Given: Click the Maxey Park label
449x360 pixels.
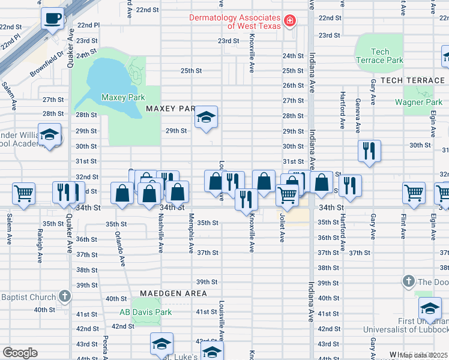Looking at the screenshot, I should coord(124,97).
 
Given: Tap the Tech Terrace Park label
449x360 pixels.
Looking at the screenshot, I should coord(380,56).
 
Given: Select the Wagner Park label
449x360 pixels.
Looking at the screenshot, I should coord(418,102).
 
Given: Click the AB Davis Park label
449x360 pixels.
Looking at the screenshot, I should coord(145,312).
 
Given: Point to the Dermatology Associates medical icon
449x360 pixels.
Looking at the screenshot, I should coord(290,22).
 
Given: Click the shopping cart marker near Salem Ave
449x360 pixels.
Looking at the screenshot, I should coord(24,193).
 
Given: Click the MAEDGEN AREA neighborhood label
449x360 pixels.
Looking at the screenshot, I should coord(173,293).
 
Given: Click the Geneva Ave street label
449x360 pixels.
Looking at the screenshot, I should coord(358,115).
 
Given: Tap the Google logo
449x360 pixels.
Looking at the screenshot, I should coord(20,352).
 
